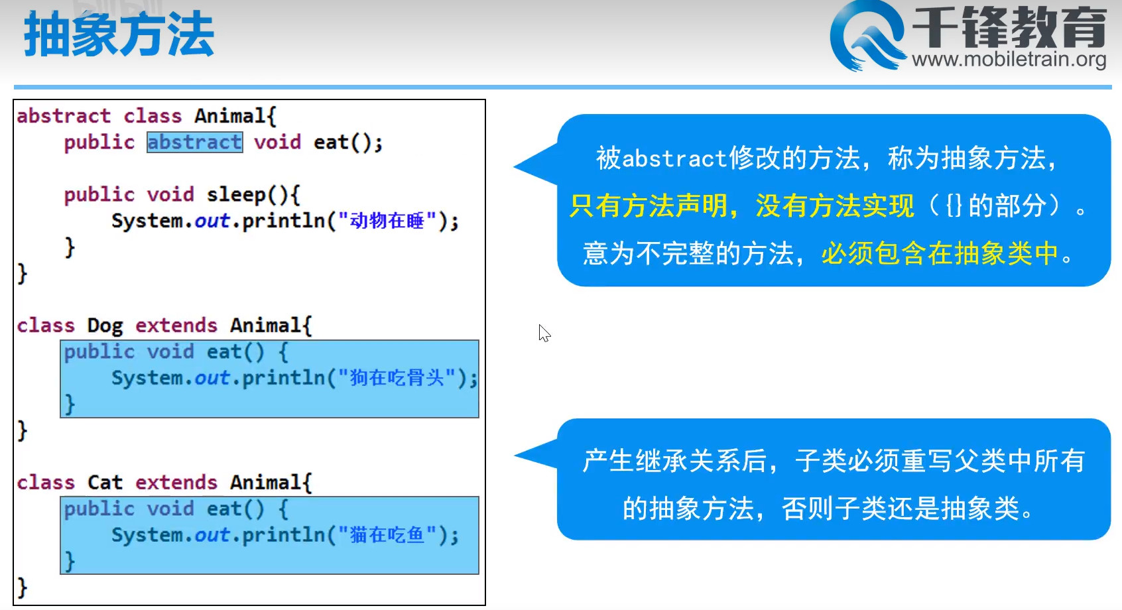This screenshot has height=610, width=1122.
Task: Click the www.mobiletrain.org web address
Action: (x=1009, y=59)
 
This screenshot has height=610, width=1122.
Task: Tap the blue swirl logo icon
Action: (x=867, y=36)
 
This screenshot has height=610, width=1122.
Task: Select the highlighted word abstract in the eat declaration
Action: (x=195, y=143)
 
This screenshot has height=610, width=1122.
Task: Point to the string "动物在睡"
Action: (x=387, y=220)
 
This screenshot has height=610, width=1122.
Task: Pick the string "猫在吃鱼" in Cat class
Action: (x=387, y=534)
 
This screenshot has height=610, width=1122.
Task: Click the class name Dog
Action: (x=105, y=326)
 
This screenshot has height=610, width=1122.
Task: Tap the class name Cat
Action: (x=105, y=482)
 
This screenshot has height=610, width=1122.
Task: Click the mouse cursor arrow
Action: (x=544, y=333)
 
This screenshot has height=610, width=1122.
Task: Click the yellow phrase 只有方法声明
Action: (x=649, y=206)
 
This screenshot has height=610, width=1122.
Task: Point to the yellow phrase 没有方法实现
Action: (x=835, y=206)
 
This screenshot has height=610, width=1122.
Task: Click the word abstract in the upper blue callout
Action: (x=674, y=158)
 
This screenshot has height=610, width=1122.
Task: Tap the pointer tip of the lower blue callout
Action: (x=515, y=455)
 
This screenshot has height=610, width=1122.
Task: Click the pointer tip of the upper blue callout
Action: (x=515, y=166)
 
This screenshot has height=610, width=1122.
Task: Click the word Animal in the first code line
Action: (x=230, y=116)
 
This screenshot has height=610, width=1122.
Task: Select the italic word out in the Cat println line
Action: (x=212, y=534)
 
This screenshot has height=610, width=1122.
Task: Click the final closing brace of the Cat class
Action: (x=22, y=587)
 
